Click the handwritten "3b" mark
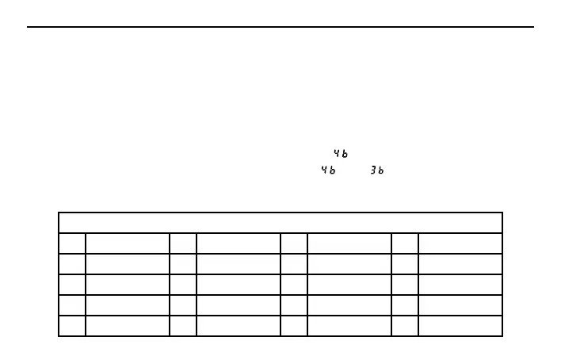[x=376, y=171]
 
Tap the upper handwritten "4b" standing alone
[x=341, y=153]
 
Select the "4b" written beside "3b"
[x=328, y=171]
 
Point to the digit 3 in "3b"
[x=372, y=171]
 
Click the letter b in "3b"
[x=381, y=171]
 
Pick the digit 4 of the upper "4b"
[x=337, y=153]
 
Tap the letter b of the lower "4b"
[x=333, y=171]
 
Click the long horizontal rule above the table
[x=280, y=28]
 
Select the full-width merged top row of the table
[x=280, y=223]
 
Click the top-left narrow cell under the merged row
[x=72, y=243]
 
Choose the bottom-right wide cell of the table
[x=460, y=326]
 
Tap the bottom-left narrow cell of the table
[x=72, y=326]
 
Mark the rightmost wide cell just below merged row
[x=460, y=243]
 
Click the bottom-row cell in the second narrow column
[x=183, y=326]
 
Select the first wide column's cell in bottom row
[x=128, y=326]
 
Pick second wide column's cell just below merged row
[x=239, y=243]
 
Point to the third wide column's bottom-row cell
[x=349, y=326]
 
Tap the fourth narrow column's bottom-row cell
[x=405, y=326]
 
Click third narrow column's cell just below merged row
[x=294, y=243]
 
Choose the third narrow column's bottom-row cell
[x=294, y=326]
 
